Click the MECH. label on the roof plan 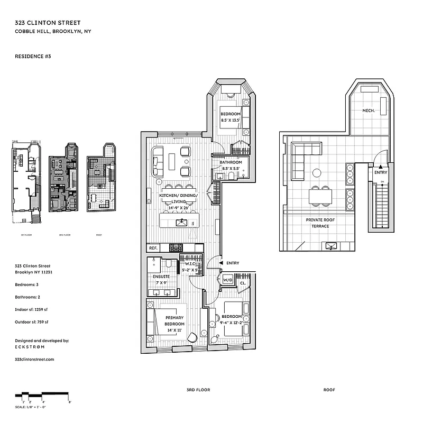point(369,111)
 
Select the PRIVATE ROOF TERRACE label point(317,223)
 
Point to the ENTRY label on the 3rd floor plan point(232,263)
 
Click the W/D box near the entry point(228,280)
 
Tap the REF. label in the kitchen point(153,247)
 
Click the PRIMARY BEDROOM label point(174,321)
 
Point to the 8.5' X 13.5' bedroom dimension point(230,120)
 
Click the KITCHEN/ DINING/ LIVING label point(178,201)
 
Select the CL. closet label point(243,283)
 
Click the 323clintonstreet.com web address point(35,358)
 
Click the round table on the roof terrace point(317,172)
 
